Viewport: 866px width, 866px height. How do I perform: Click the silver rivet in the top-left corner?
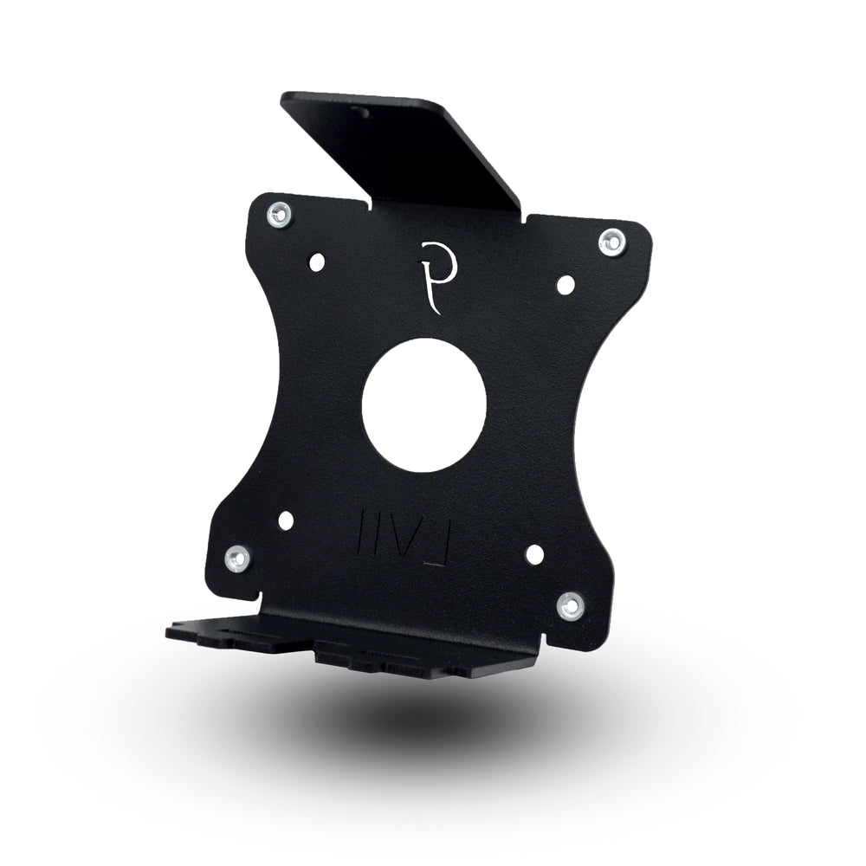tap(280, 211)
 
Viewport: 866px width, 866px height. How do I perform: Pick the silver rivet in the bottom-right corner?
tap(569, 605)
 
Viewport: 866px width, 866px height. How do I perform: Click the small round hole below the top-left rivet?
tap(317, 259)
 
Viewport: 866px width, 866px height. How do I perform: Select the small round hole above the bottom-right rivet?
tap(534, 554)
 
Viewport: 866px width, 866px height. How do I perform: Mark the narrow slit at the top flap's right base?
tap(523, 216)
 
